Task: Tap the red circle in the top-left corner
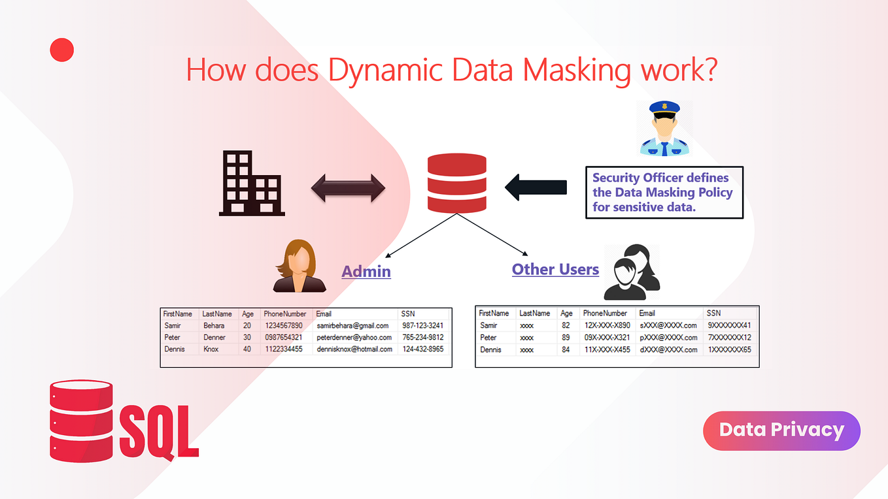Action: (62, 50)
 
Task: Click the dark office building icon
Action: (250, 183)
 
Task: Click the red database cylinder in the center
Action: (456, 183)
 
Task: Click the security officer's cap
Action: (664, 111)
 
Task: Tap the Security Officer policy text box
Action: (664, 193)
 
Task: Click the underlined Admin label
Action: (366, 270)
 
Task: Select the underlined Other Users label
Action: (555, 269)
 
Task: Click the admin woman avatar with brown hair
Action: (299, 266)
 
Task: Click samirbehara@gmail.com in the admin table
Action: (353, 325)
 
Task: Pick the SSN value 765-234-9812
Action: (422, 338)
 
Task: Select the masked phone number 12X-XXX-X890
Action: (606, 325)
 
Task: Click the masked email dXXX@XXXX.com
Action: (668, 349)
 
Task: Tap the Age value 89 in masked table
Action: (566, 338)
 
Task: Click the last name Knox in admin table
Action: (211, 349)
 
